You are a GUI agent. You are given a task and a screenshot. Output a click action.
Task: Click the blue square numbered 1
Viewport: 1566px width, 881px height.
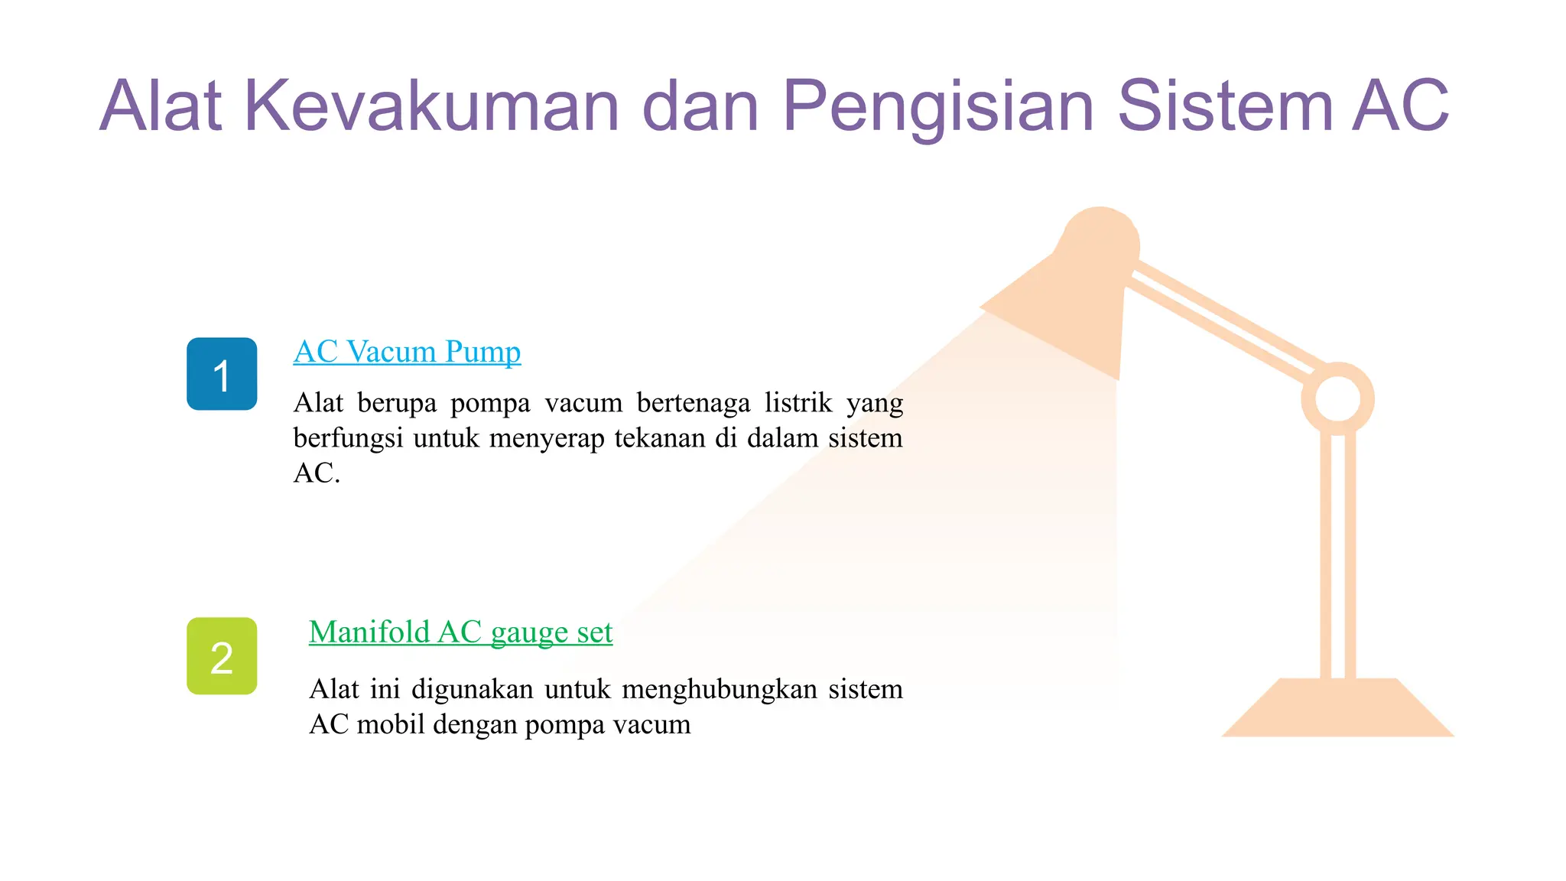tap(222, 374)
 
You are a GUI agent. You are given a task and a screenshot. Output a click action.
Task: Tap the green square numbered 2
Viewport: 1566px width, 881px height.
tap(222, 656)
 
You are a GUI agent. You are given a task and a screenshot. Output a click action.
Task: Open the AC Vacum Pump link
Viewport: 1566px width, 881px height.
tap(407, 352)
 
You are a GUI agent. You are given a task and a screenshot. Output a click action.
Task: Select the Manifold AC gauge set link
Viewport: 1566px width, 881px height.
tap(460, 632)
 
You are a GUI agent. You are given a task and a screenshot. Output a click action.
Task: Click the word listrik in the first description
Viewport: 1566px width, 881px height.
tap(798, 402)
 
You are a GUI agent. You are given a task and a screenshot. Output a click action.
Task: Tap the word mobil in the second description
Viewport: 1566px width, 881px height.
tap(391, 724)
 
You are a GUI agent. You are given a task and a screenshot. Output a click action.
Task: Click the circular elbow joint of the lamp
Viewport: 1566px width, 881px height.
tap(1337, 399)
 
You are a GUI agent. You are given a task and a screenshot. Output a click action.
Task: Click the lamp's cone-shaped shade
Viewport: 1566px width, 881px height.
tap(1071, 298)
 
